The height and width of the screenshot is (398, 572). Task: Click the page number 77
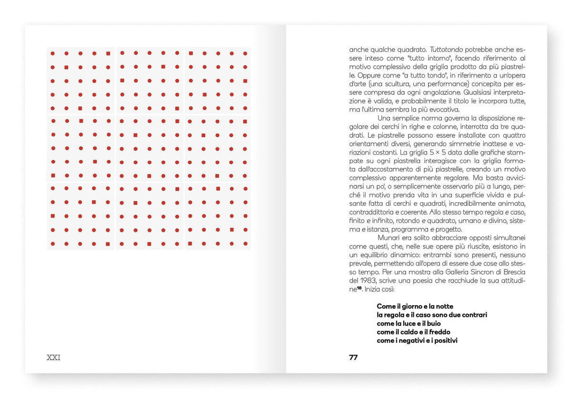pos(353,357)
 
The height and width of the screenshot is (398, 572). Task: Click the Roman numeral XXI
pos(53,357)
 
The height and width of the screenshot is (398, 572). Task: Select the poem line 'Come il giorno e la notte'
pos(415,306)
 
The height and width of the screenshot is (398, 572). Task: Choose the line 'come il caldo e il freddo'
pos(413,332)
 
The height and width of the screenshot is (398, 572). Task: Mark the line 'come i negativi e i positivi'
pos(417,341)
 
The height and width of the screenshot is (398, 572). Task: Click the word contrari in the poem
pos(472,315)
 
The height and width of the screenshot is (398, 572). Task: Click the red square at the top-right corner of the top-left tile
pos(108,53)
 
